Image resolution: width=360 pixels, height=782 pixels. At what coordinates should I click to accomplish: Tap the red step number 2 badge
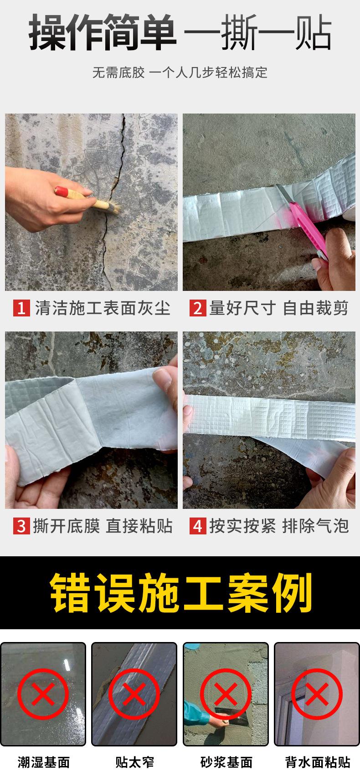[x=197, y=308]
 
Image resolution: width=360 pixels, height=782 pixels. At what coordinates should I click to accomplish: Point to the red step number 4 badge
[x=197, y=526]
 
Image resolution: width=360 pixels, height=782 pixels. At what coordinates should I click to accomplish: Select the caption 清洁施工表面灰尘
[x=103, y=308]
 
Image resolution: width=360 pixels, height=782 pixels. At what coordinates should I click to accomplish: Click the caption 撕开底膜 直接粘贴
[x=103, y=526]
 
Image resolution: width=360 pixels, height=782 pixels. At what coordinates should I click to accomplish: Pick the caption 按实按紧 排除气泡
[x=279, y=526]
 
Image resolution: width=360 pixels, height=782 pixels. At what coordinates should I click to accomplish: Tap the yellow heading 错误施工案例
[x=180, y=593]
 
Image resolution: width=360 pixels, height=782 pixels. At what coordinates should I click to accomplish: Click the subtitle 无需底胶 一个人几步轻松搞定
[x=180, y=73]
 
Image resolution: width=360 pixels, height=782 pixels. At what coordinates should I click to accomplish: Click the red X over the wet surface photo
[x=43, y=694]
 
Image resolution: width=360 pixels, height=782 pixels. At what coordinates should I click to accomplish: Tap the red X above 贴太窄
[x=134, y=694]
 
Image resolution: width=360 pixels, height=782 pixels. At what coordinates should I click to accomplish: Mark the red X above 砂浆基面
[x=226, y=694]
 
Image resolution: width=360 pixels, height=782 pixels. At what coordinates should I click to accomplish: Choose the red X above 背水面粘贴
[x=317, y=694]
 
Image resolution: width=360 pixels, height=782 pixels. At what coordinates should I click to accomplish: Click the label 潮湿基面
[x=43, y=762]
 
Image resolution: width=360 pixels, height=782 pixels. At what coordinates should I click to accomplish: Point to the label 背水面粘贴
[x=317, y=762]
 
